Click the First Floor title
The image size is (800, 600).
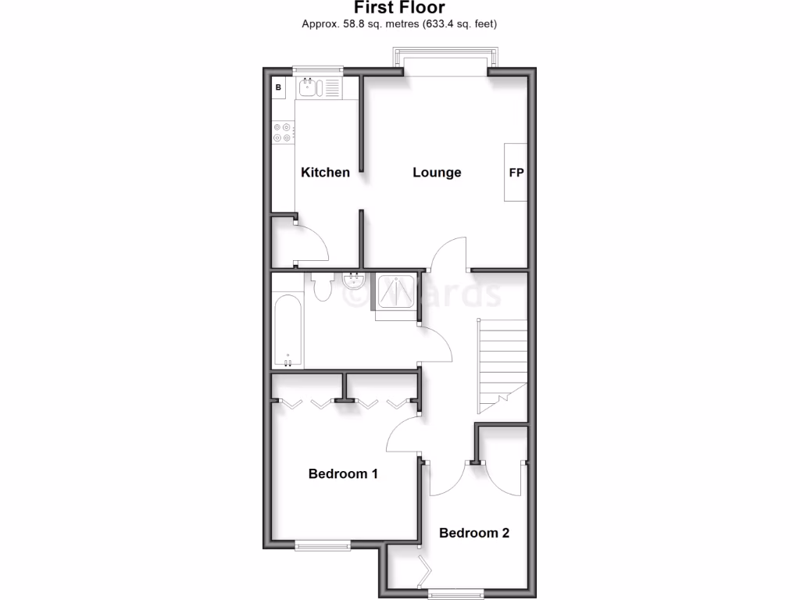click(x=399, y=8)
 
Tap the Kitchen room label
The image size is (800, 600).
click(x=326, y=173)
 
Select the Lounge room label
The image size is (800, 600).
click(x=437, y=173)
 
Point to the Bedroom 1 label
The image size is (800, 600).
click(x=343, y=473)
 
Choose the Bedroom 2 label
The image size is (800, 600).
click(x=474, y=533)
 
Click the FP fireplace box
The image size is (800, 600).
click(x=516, y=172)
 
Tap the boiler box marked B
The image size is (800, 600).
click(x=278, y=87)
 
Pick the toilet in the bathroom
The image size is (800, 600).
click(x=321, y=287)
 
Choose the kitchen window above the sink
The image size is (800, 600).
click(x=318, y=70)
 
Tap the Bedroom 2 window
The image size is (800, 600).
click(x=455, y=592)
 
